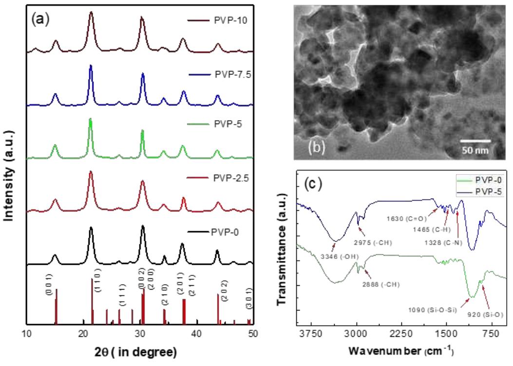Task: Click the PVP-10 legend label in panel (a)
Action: tap(230, 20)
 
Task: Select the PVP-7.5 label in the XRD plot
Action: tap(233, 74)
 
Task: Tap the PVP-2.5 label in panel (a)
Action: tap(231, 178)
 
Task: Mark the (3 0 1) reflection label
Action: tap(249, 298)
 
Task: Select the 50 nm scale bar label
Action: tap(475, 150)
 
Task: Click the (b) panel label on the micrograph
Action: tap(316, 147)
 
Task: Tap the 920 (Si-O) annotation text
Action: tap(484, 315)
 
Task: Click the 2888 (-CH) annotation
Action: tap(381, 284)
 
